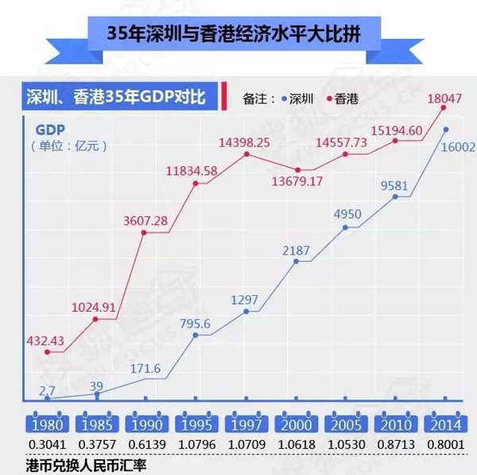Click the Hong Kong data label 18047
(444, 99)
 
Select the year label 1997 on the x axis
(246, 424)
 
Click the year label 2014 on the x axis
(445, 424)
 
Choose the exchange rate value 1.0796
(196, 442)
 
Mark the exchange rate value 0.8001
(445, 442)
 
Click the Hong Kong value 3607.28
(143, 220)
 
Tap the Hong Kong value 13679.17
(297, 182)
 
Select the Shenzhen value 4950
(347, 215)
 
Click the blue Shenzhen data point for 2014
(446, 130)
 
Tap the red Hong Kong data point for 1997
(246, 154)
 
